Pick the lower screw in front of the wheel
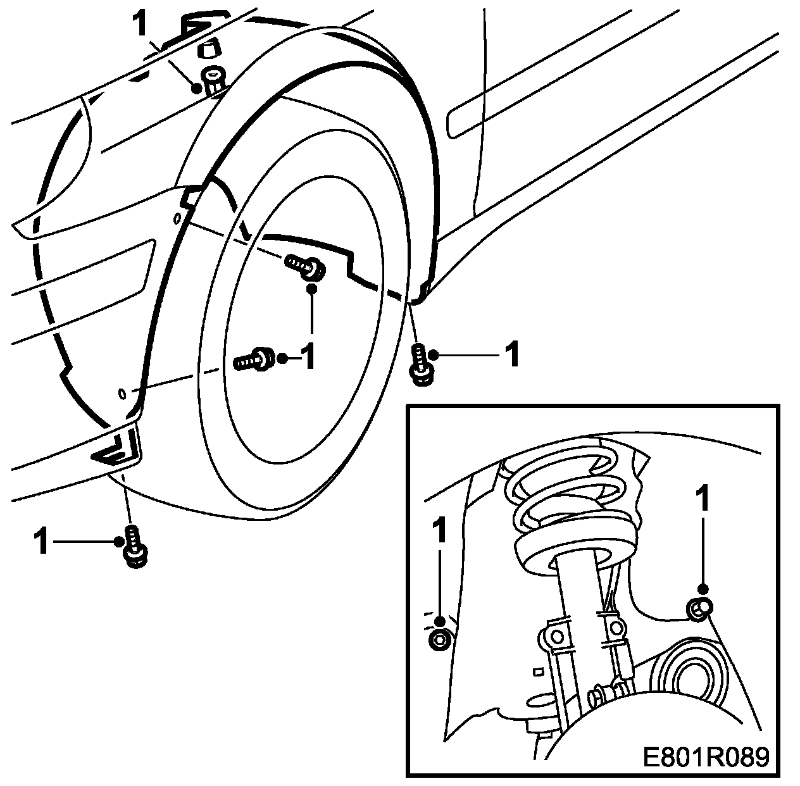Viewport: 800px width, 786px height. (254, 359)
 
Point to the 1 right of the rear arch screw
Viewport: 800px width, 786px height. (511, 355)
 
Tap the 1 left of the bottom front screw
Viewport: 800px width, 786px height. (42, 542)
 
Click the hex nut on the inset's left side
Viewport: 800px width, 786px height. (438, 640)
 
